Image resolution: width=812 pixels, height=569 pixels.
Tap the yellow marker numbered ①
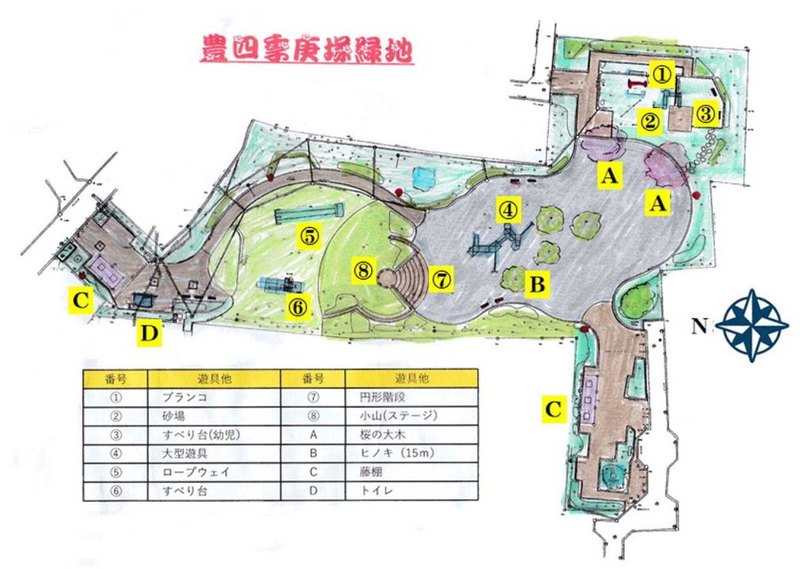pyautogui.click(x=662, y=74)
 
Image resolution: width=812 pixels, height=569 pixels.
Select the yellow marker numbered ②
pyautogui.click(x=650, y=122)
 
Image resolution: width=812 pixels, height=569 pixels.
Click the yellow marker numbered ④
pyautogui.click(x=508, y=208)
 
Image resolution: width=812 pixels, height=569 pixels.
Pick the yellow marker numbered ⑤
pyautogui.click(x=309, y=235)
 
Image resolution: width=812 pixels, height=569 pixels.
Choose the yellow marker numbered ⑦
pyautogui.click(x=442, y=278)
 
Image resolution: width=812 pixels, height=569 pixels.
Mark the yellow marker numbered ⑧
pyautogui.click(x=364, y=271)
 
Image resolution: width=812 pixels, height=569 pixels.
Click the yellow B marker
pyautogui.click(x=537, y=284)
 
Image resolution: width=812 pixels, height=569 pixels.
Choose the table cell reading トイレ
pyautogui.click(x=417, y=491)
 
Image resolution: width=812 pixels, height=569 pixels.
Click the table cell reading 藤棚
pyautogui.click(x=417, y=472)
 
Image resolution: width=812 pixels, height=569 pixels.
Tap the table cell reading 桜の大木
pyautogui.click(x=417, y=434)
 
